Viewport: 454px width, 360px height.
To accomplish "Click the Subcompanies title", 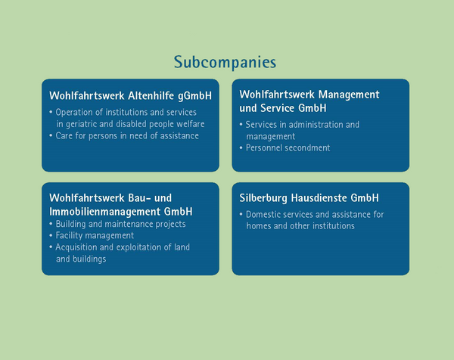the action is tap(225, 62).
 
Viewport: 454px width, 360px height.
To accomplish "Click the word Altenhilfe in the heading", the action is tap(151, 95).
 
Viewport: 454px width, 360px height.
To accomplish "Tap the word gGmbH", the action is tap(195, 96).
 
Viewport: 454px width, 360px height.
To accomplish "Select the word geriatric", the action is tap(82, 124).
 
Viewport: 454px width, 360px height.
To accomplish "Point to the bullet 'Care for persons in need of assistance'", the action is tap(124, 135).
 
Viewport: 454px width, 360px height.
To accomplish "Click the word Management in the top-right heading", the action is tap(349, 95).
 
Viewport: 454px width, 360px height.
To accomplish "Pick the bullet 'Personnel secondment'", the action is tap(285, 148).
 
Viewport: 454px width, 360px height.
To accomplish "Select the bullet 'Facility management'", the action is tap(92, 235).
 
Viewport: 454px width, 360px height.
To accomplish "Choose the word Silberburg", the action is tap(263, 198).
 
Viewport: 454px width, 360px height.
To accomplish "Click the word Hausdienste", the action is tap(319, 198).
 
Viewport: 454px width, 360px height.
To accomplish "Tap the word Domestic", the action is tap(263, 215).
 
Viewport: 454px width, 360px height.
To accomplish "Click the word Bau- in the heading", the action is tap(138, 198).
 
